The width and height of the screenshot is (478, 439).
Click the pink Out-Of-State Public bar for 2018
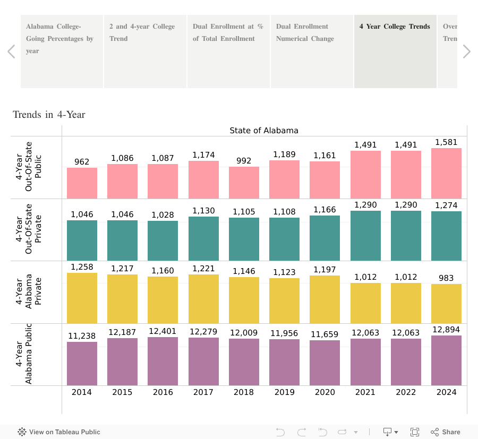click(244, 183)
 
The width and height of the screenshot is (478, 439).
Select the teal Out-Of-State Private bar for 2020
click(325, 238)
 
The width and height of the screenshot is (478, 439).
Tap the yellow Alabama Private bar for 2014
click(82, 298)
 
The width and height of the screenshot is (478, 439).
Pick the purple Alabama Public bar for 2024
click(446, 360)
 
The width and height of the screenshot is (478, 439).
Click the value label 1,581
click(446, 142)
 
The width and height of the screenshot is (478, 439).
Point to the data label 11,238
click(82, 335)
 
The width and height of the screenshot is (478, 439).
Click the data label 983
click(446, 278)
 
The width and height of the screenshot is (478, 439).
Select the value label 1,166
click(325, 210)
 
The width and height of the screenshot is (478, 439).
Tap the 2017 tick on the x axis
click(203, 392)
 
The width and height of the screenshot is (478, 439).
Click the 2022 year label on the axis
click(406, 392)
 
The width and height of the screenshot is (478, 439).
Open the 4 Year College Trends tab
click(395, 51)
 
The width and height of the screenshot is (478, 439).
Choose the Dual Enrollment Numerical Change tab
click(312, 51)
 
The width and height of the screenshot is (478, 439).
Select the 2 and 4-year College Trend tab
click(145, 51)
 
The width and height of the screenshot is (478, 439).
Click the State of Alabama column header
click(264, 131)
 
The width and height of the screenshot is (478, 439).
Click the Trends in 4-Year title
click(49, 115)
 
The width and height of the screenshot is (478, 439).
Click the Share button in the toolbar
click(446, 432)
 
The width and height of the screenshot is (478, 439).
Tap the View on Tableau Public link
click(59, 432)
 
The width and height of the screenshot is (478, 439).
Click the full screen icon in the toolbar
click(415, 432)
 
